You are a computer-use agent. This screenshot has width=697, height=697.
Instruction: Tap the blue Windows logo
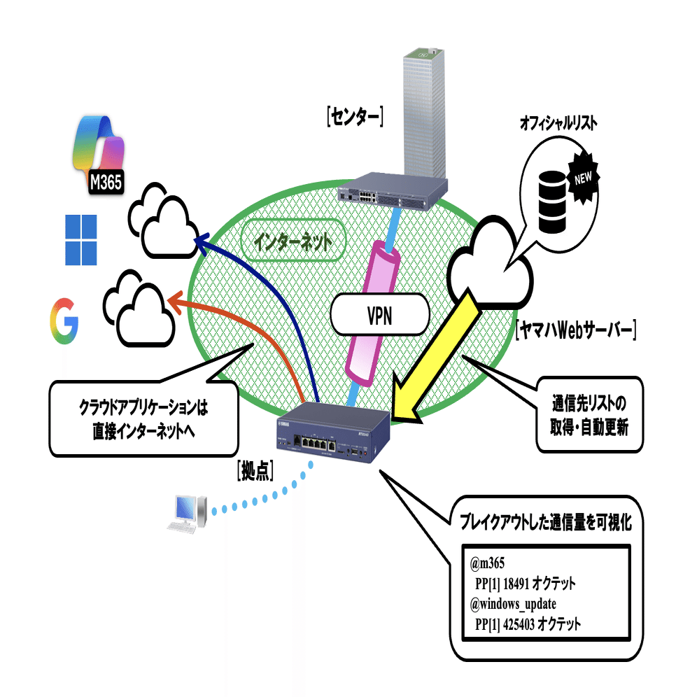click(x=80, y=240)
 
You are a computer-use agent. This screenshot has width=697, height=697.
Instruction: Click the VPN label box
click(x=379, y=313)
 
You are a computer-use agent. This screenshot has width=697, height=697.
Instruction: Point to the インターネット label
click(x=292, y=242)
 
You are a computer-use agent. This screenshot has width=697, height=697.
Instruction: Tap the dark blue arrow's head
click(x=198, y=240)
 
